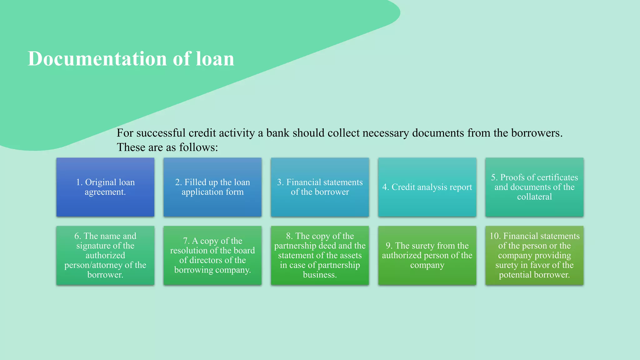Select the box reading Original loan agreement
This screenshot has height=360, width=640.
(105, 187)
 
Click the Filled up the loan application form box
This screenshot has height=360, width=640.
(212, 187)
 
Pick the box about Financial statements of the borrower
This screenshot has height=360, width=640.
(320, 187)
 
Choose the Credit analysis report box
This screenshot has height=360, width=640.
(427, 187)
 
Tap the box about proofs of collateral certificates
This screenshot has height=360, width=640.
(534, 187)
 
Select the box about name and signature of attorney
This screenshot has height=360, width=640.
(105, 255)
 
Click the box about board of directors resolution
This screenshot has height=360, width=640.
(212, 255)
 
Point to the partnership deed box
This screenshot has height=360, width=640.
(320, 255)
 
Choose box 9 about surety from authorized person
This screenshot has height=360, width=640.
(427, 255)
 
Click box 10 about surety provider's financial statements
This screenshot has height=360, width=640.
(534, 255)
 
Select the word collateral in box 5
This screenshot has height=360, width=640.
(534, 197)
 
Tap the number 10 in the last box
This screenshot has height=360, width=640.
(495, 236)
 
